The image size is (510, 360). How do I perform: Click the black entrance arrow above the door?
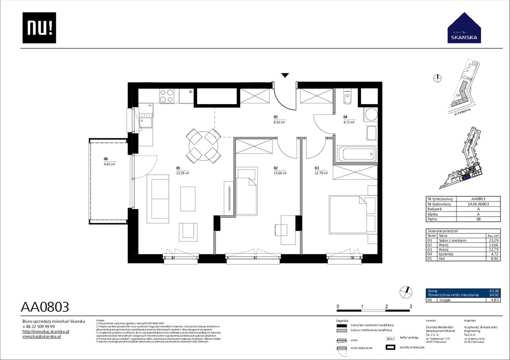285,75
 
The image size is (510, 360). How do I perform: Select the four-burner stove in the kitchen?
167,96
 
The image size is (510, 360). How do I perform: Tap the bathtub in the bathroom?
357,154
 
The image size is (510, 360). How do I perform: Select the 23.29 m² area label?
183,173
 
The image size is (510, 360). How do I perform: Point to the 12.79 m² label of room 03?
321,173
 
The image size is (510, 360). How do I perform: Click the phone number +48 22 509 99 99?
39,326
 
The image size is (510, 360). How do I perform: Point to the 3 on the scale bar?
411,307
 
